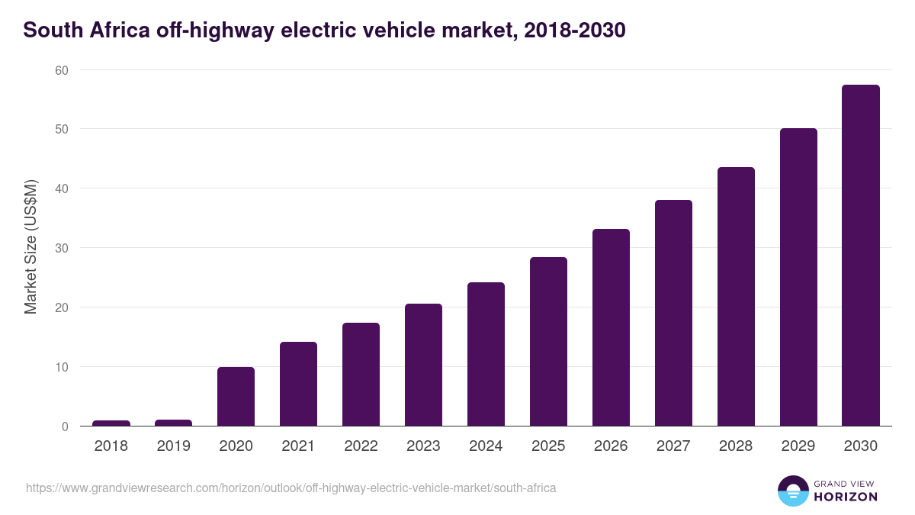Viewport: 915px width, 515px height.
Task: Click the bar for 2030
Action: pos(860,256)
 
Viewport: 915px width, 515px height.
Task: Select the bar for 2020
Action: pos(236,397)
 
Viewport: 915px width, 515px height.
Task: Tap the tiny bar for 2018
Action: pos(111,423)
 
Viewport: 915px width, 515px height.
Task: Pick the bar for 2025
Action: pos(548,342)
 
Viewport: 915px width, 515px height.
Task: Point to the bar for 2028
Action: pos(736,297)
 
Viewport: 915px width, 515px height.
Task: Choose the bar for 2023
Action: pos(423,365)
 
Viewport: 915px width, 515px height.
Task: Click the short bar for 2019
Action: pos(174,423)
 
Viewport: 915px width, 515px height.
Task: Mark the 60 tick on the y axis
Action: pos(61,70)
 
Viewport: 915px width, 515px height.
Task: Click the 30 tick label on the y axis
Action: pos(61,248)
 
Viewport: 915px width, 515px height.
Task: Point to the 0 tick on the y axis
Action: pos(65,426)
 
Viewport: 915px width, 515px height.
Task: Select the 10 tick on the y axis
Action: pos(61,367)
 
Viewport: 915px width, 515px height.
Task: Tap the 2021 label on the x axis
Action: pos(298,446)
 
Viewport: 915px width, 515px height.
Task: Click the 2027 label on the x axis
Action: pos(673,446)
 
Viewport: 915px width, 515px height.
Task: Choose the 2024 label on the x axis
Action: pos(486,446)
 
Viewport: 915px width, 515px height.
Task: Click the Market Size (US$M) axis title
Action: pos(30,247)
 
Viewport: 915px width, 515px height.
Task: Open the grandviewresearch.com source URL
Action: pos(291,488)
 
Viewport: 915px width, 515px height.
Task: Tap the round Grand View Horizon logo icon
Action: pos(792,491)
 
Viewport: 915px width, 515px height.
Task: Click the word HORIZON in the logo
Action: pos(846,497)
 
